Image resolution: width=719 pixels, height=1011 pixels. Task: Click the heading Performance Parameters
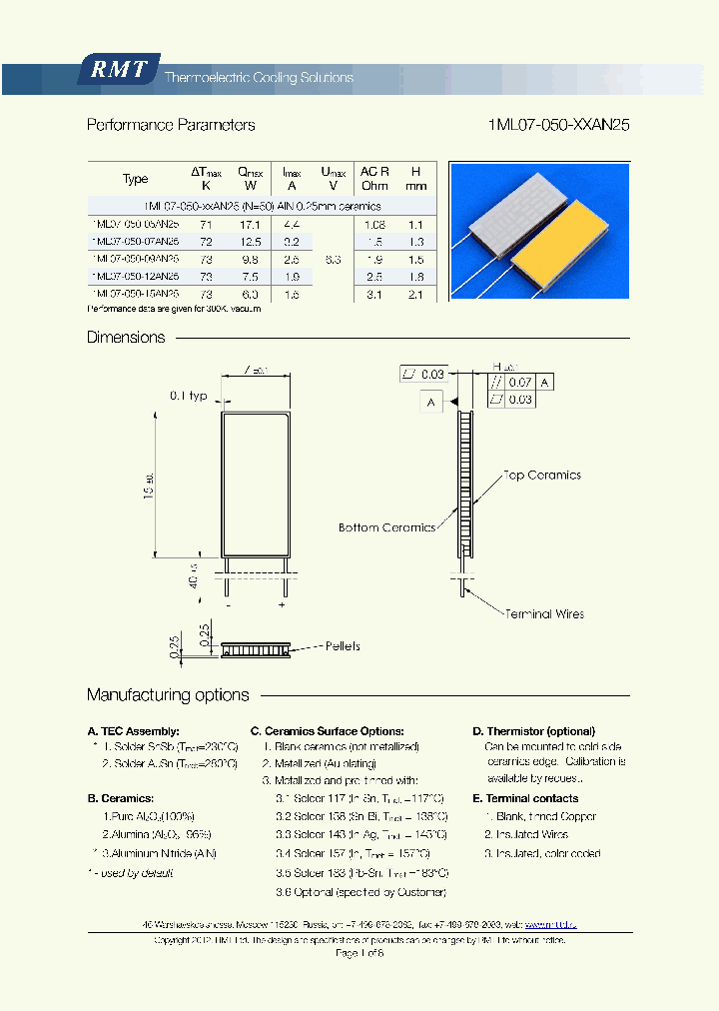pos(171,125)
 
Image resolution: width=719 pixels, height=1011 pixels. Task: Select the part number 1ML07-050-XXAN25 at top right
pos(558,125)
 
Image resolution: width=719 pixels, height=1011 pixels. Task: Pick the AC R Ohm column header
pos(374,178)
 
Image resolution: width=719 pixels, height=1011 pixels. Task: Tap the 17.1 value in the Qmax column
pos(249,226)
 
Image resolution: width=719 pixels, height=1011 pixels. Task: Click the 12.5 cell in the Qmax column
pos(250,242)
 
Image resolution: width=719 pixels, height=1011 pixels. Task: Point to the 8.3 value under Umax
pos(333,259)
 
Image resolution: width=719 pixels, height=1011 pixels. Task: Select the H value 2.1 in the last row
pos(416,294)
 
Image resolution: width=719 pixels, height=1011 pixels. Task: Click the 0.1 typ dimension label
pos(188,396)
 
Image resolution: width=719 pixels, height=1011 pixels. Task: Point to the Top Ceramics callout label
pos(542,476)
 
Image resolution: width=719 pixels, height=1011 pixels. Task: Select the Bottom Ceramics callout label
pos(386,527)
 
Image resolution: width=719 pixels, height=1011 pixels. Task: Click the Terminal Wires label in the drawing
pos(544,613)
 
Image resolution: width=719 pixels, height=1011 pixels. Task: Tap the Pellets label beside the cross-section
pos(343,646)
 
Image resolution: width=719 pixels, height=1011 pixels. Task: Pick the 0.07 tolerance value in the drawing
pos(520,383)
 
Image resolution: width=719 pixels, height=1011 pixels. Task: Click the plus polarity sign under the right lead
pos(283,605)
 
